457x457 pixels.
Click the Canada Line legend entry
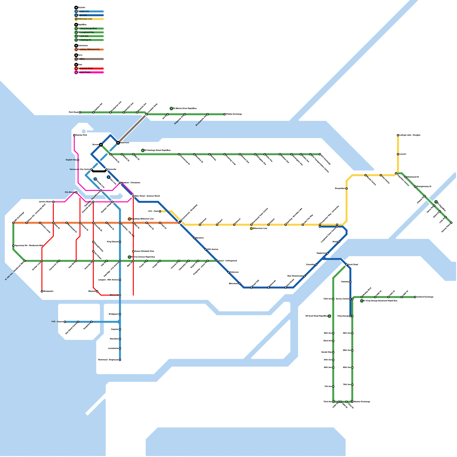point(83,11)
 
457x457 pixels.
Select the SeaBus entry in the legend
point(81,59)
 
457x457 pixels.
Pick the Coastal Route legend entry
point(84,72)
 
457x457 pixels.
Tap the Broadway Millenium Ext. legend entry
point(89,49)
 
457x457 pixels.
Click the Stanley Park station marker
point(74,135)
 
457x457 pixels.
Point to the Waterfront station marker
point(118,143)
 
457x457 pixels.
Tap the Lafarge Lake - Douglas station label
point(410,135)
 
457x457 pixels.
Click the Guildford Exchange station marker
point(415,297)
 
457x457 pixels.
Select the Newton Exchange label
point(362,402)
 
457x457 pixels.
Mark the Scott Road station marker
point(346,265)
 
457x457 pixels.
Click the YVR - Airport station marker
point(65,322)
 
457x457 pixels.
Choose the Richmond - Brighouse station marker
point(120,360)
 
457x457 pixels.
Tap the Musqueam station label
point(48,291)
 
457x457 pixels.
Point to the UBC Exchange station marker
point(13,223)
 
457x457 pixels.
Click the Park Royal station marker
point(80,113)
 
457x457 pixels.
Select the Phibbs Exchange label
point(234,114)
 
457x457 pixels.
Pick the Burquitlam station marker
point(346,189)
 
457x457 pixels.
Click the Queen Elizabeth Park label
point(144,251)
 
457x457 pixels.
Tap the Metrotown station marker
point(240,284)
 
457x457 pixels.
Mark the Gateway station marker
point(350,282)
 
